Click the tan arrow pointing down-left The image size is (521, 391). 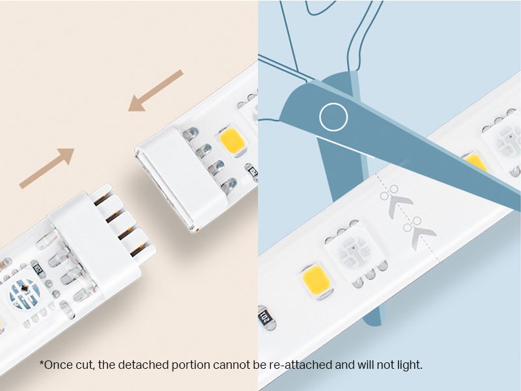156,91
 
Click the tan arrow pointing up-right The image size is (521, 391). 47,168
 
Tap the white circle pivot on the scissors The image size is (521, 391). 333,117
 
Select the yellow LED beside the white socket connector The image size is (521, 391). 232,140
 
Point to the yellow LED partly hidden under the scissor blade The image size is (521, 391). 476,162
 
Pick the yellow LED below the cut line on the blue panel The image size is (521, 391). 316,280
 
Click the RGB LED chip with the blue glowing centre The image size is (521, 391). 24,295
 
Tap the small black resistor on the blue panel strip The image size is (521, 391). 265,318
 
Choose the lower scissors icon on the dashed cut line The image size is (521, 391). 419,232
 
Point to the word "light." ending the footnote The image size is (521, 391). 410,365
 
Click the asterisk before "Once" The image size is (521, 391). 42,362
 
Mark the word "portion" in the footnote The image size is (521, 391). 191,366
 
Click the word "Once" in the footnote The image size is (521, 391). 58,365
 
